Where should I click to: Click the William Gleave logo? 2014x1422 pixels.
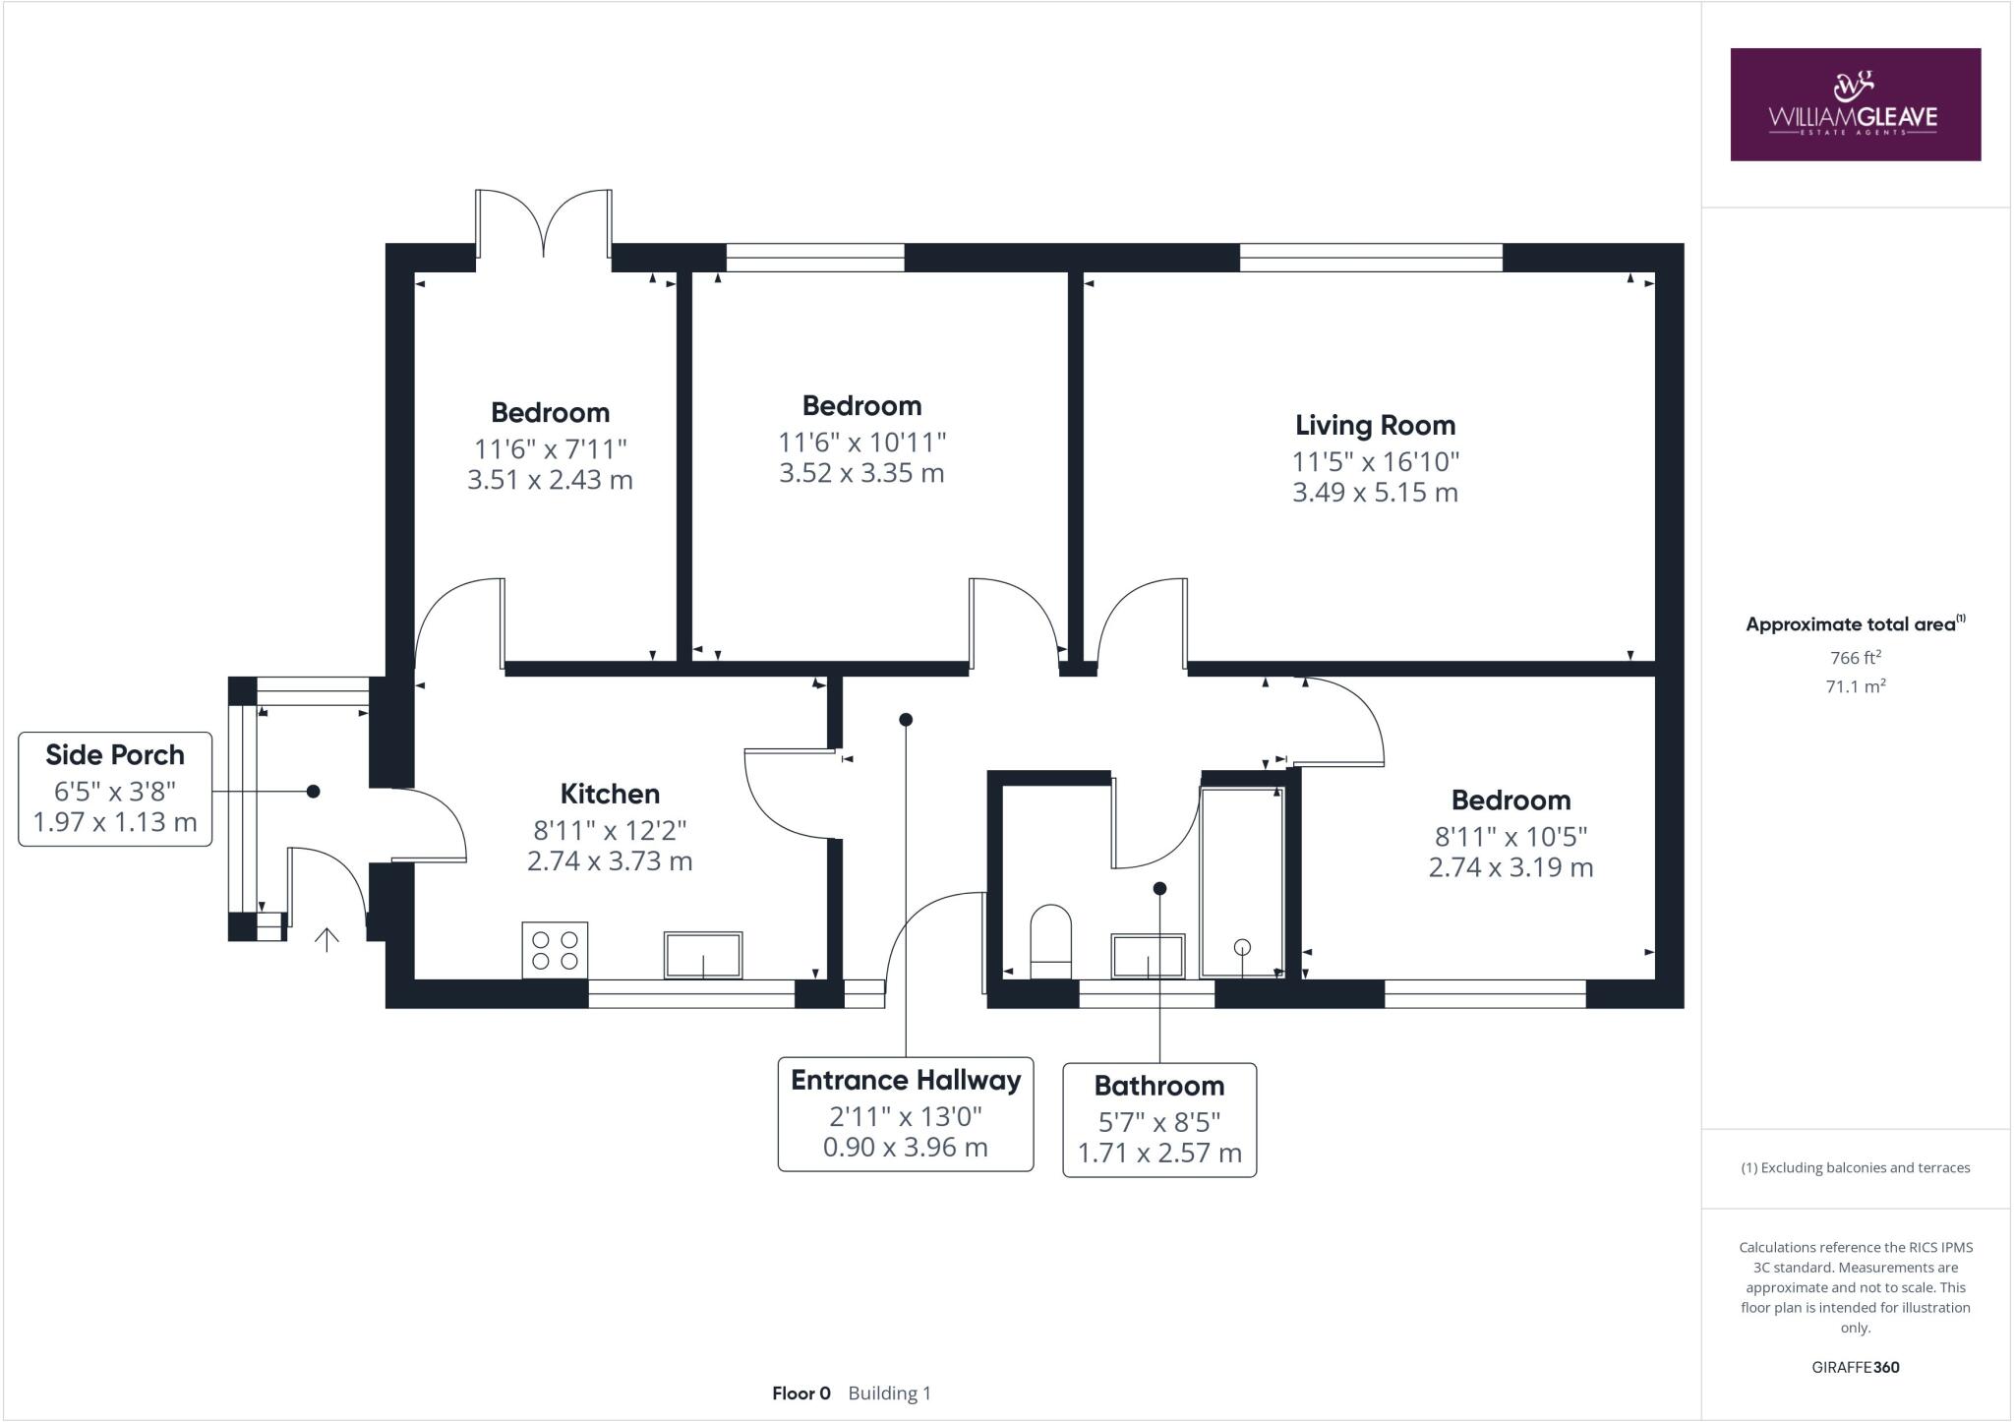[1855, 104]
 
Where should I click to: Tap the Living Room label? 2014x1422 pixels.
[1375, 425]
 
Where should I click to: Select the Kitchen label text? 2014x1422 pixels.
[610, 794]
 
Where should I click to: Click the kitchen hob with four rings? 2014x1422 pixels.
[555, 950]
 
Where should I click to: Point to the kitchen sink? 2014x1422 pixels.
[703, 955]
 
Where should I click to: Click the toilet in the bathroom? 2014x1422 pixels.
[1049, 941]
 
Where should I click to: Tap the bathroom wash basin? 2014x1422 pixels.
[1148, 957]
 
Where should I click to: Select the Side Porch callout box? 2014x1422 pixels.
[115, 789]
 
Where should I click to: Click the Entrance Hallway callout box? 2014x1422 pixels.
[905, 1114]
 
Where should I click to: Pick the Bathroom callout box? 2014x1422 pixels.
[1159, 1119]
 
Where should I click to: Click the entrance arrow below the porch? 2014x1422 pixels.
[326, 939]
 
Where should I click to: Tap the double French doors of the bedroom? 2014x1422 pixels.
[544, 224]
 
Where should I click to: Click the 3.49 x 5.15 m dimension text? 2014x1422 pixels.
[1375, 493]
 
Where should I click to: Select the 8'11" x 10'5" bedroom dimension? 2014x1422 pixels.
[1510, 836]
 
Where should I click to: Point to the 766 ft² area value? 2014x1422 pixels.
[1855, 658]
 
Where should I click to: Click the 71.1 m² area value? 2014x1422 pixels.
[1855, 686]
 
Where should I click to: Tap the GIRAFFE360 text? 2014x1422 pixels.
[1855, 1367]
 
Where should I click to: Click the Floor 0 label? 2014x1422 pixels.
[800, 1393]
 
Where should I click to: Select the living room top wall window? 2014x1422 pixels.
[1371, 258]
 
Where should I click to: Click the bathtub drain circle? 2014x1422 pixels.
[1242, 947]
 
